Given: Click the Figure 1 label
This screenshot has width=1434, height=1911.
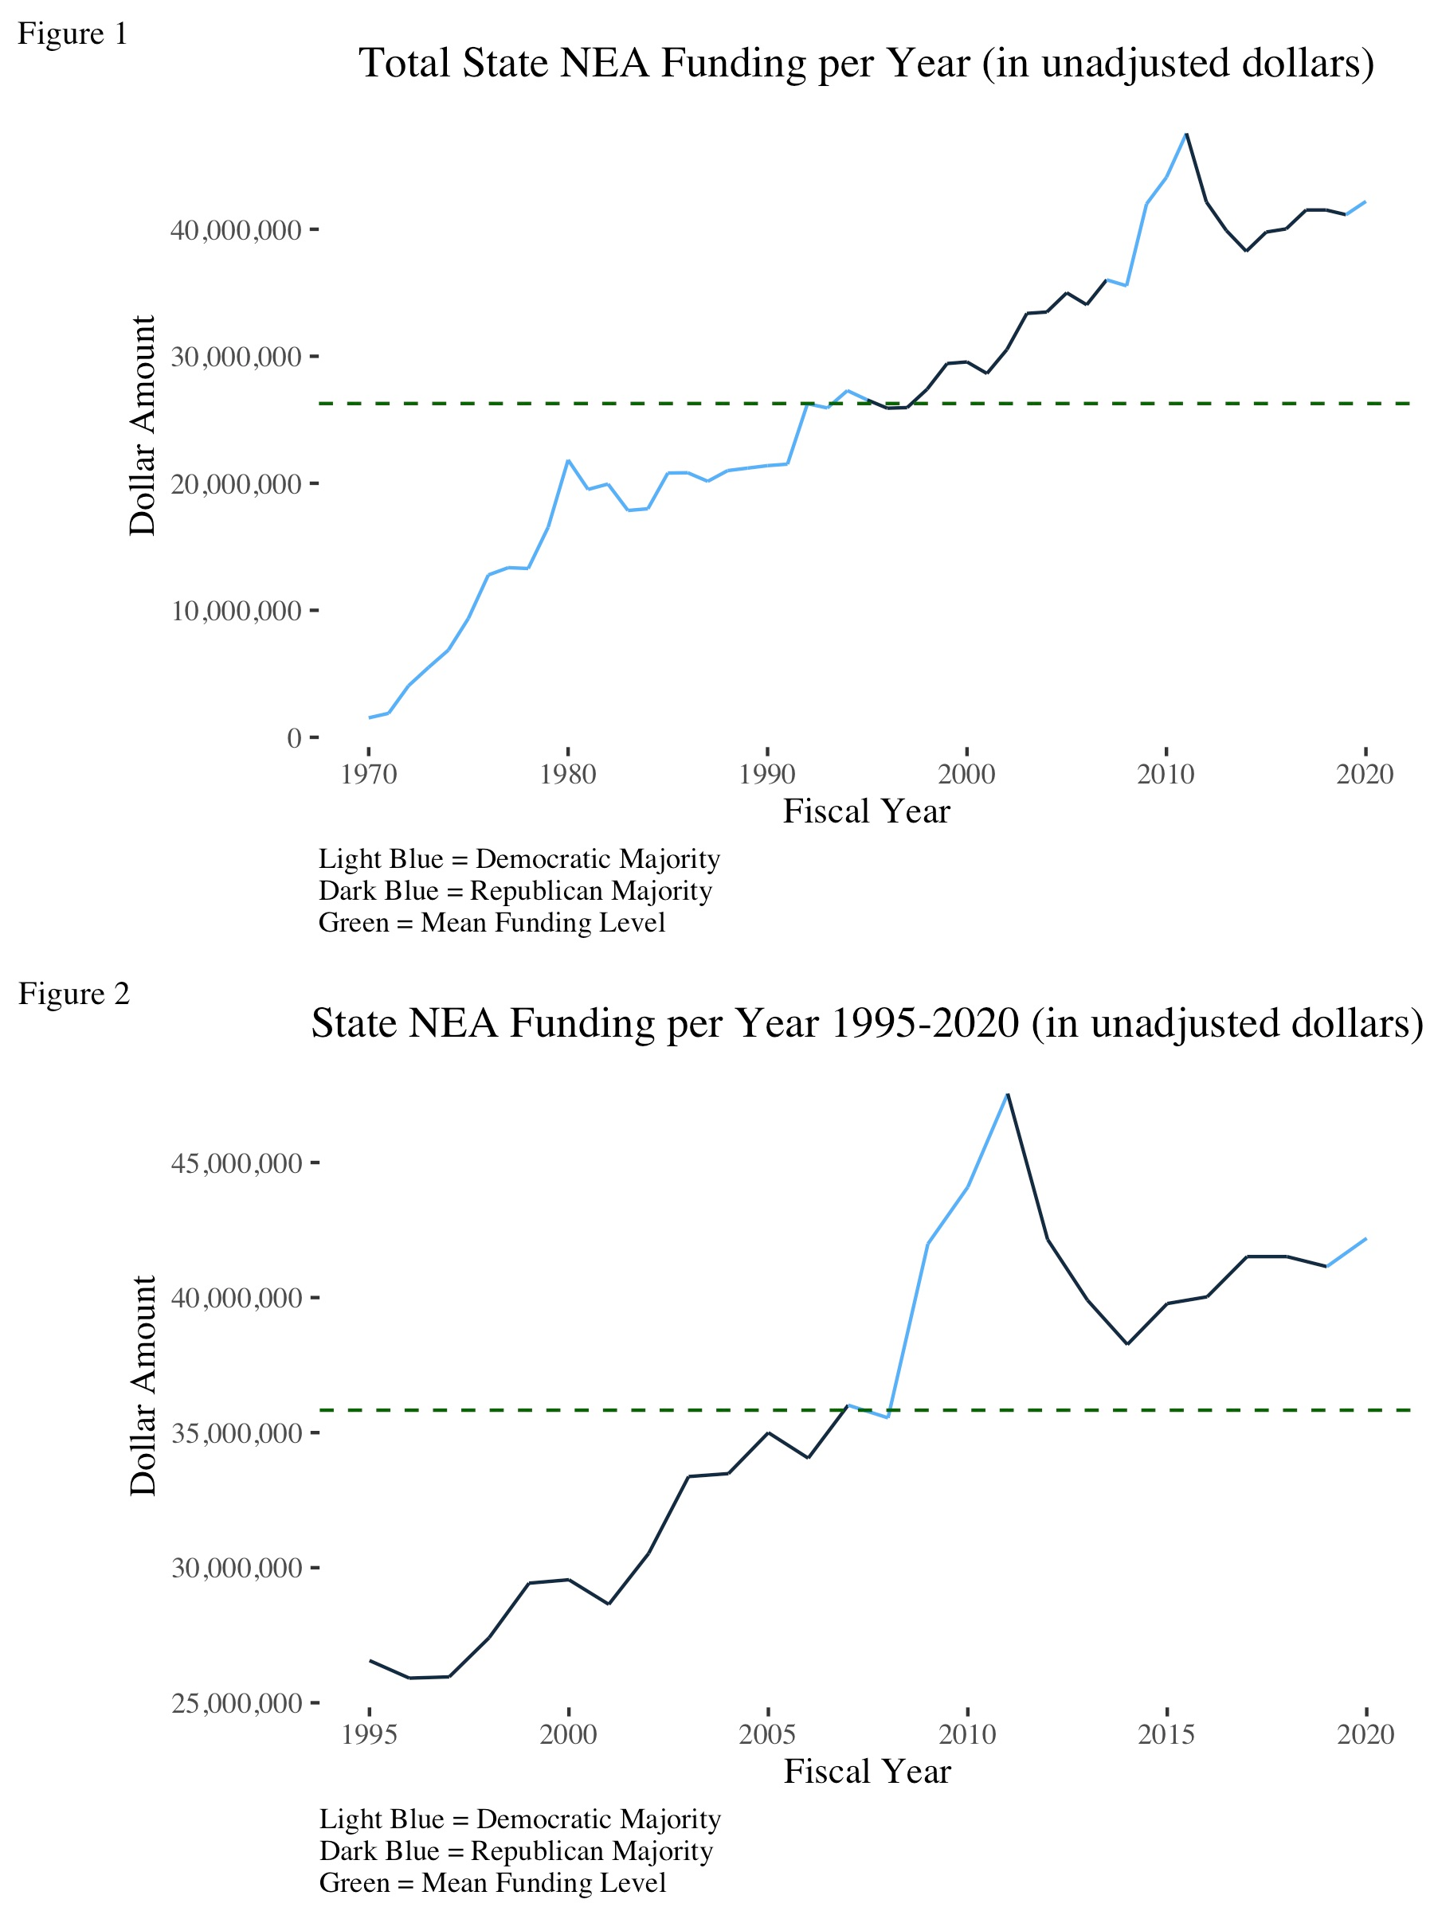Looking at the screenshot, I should click(x=72, y=34).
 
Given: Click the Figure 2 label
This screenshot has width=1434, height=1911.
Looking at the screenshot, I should click(x=73, y=995).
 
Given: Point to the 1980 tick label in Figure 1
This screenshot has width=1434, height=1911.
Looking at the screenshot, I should click(x=568, y=774).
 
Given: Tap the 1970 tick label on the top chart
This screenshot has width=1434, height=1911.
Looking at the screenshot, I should click(x=369, y=774).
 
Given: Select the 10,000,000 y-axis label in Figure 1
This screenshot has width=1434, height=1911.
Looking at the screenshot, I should click(x=235, y=612).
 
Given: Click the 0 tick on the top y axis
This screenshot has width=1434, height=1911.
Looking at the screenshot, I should click(x=294, y=738).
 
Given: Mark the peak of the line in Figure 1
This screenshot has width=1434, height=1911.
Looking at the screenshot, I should click(x=1186, y=135).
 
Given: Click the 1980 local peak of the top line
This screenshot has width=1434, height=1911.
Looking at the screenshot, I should click(x=568, y=460).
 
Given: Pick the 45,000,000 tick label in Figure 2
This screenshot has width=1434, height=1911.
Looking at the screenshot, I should click(x=236, y=1163).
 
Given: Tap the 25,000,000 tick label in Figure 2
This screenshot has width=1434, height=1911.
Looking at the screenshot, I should click(x=236, y=1703).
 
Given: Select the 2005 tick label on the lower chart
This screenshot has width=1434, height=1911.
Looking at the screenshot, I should click(x=767, y=1734).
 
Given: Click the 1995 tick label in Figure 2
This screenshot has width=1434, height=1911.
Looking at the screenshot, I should click(x=369, y=1734).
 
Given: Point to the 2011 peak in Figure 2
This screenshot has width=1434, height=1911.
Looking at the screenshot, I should click(x=1008, y=1096).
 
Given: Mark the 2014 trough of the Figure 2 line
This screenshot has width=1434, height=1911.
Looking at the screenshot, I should click(x=1127, y=1343).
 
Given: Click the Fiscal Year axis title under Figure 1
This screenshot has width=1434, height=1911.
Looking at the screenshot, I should click(x=866, y=811).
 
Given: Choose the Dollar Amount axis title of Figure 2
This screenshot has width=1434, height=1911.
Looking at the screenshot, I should click(x=143, y=1385).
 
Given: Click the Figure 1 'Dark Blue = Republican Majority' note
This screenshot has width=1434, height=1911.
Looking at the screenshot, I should click(x=515, y=891).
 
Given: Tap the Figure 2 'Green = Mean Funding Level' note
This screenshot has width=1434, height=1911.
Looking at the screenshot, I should click(x=492, y=1882).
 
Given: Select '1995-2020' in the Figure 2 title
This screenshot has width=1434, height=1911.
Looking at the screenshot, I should click(x=924, y=1024).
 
